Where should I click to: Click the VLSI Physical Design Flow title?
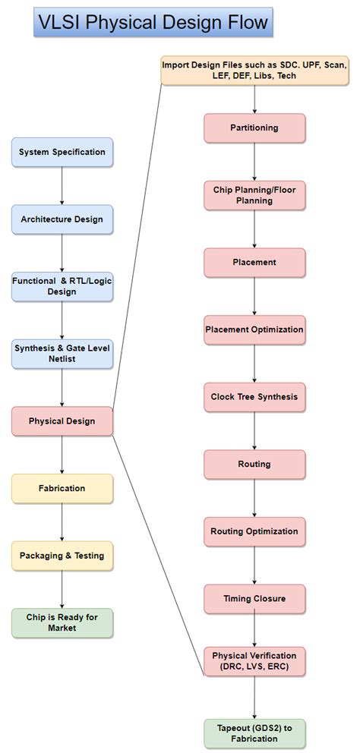[153, 22]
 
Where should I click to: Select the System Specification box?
[62, 152]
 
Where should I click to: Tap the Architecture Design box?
[62, 219]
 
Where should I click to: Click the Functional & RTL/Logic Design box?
[62, 286]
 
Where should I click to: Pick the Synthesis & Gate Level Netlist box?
[62, 353]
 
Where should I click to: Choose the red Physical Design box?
[62, 421]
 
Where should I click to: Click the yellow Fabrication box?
[62, 488]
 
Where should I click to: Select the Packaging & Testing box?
[62, 556]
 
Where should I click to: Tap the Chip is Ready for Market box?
[62, 622]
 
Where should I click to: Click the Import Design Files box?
[254, 71]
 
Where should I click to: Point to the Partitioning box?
[254, 128]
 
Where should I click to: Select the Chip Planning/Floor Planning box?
[254, 195]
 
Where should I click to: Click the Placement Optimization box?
[254, 329]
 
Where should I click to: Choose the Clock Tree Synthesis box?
[254, 397]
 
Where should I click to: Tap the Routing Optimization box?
[254, 531]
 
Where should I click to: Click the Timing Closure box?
[254, 598]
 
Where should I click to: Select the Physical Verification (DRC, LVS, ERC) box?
[254, 660]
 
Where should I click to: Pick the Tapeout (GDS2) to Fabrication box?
[254, 733]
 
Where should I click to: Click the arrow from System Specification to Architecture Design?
[62, 185]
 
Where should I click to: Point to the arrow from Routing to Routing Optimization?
[254, 497]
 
